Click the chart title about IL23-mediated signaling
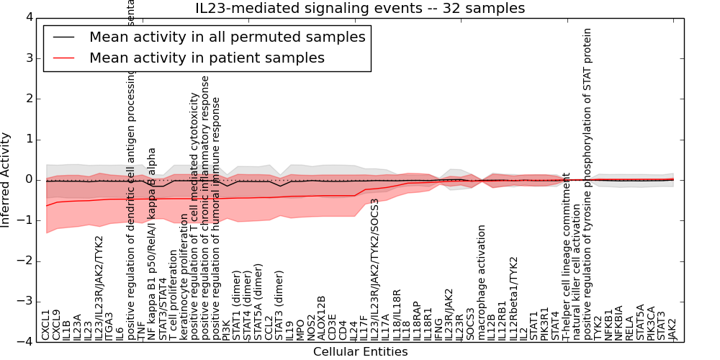(360, 9)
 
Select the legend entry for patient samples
(207, 58)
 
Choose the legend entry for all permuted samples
(227, 37)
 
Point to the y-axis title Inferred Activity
(6, 179)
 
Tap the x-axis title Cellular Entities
(360, 351)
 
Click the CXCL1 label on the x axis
(47, 325)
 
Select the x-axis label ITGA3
(109, 325)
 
